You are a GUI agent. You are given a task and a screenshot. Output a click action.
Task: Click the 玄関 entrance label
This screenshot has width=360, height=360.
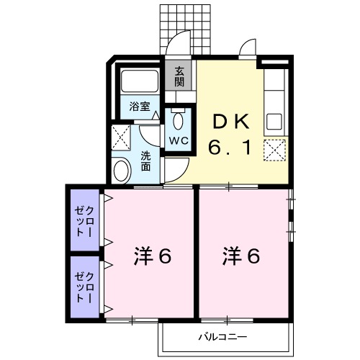(179, 75)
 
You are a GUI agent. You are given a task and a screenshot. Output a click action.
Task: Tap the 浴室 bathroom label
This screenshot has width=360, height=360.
(140, 107)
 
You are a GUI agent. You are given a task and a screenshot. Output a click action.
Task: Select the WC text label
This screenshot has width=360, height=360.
(179, 140)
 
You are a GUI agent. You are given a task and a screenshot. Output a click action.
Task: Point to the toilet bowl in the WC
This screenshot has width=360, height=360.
(179, 119)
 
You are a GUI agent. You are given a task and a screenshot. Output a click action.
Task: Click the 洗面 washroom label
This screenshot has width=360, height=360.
(146, 161)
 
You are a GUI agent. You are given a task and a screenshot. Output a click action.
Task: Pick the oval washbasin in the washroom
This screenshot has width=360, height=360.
(122, 171)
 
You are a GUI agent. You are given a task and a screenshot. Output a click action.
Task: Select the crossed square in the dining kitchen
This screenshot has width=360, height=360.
(274, 150)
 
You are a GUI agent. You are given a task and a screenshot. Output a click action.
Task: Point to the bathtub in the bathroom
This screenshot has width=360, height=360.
(141, 84)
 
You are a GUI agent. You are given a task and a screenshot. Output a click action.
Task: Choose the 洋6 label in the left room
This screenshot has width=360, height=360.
(152, 255)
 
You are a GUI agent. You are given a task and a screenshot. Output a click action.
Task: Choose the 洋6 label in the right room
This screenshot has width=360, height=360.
(241, 255)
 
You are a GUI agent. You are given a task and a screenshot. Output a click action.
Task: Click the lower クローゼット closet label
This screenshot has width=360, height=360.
(84, 287)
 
